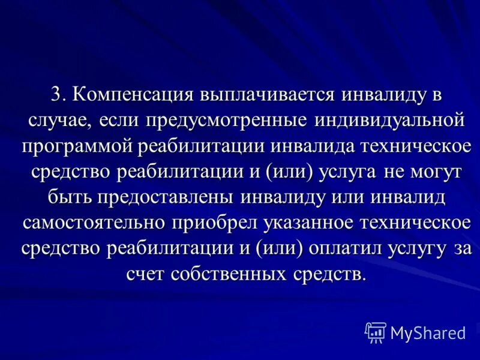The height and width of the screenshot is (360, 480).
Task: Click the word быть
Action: [x=65, y=196]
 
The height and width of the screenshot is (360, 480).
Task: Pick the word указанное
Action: [x=305, y=221]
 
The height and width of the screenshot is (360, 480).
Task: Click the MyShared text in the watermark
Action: [x=428, y=332]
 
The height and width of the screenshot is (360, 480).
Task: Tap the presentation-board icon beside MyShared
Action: [x=375, y=332]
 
